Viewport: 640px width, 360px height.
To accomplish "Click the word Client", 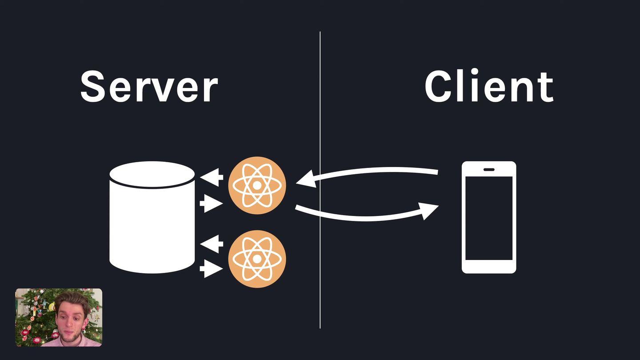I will [488, 86].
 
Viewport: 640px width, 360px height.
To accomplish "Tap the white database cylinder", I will [152, 227].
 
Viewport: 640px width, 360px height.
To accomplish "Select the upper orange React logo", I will [257, 185].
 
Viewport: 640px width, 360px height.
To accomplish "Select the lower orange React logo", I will [257, 259].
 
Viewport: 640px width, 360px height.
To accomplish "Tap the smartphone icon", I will [489, 217].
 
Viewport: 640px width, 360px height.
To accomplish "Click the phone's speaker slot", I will [489, 169].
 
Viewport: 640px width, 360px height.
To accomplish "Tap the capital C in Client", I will [440, 86].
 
